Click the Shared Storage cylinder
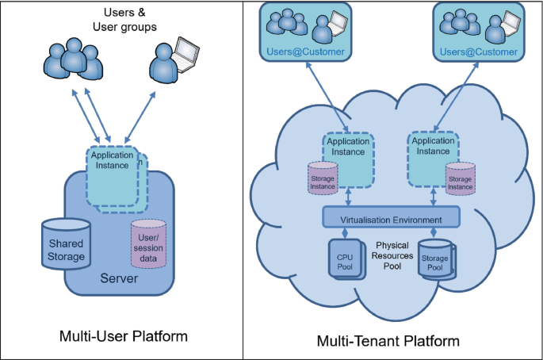click(x=66, y=244)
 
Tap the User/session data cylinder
click(x=148, y=244)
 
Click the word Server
click(x=119, y=278)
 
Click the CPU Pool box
click(x=346, y=259)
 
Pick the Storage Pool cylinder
click(x=436, y=259)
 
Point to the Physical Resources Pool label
click(x=392, y=255)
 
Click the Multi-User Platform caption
click(x=124, y=336)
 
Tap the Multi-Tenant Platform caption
click(x=388, y=341)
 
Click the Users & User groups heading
click(x=124, y=19)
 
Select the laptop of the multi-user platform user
click(x=186, y=55)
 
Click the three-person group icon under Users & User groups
click(x=73, y=58)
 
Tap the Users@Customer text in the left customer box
click(x=305, y=52)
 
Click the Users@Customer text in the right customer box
click(x=479, y=52)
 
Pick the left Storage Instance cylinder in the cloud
click(x=323, y=178)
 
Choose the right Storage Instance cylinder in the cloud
click(x=461, y=178)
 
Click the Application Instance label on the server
click(x=112, y=160)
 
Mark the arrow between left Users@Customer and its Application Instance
click(x=327, y=97)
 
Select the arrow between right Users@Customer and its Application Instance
click(x=456, y=97)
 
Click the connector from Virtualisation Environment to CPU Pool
click(x=345, y=233)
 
